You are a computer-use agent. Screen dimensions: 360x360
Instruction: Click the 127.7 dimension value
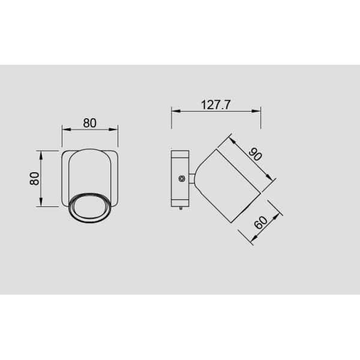pyautogui.click(x=215, y=104)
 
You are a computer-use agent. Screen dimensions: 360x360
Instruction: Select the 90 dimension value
pyautogui.click(x=256, y=154)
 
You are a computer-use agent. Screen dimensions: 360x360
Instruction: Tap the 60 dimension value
pyautogui.click(x=261, y=222)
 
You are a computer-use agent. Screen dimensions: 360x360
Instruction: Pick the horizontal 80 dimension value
pyautogui.click(x=89, y=123)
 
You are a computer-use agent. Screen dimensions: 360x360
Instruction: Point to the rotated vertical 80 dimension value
pyautogui.click(x=34, y=178)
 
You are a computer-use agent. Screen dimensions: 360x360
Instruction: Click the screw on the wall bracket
pyautogui.click(x=182, y=178)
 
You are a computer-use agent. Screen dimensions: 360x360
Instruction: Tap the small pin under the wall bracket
pyautogui.click(x=181, y=208)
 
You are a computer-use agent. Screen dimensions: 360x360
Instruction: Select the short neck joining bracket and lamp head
pyautogui.click(x=192, y=179)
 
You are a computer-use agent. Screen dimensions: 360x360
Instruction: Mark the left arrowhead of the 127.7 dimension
pyautogui.click(x=176, y=111)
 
